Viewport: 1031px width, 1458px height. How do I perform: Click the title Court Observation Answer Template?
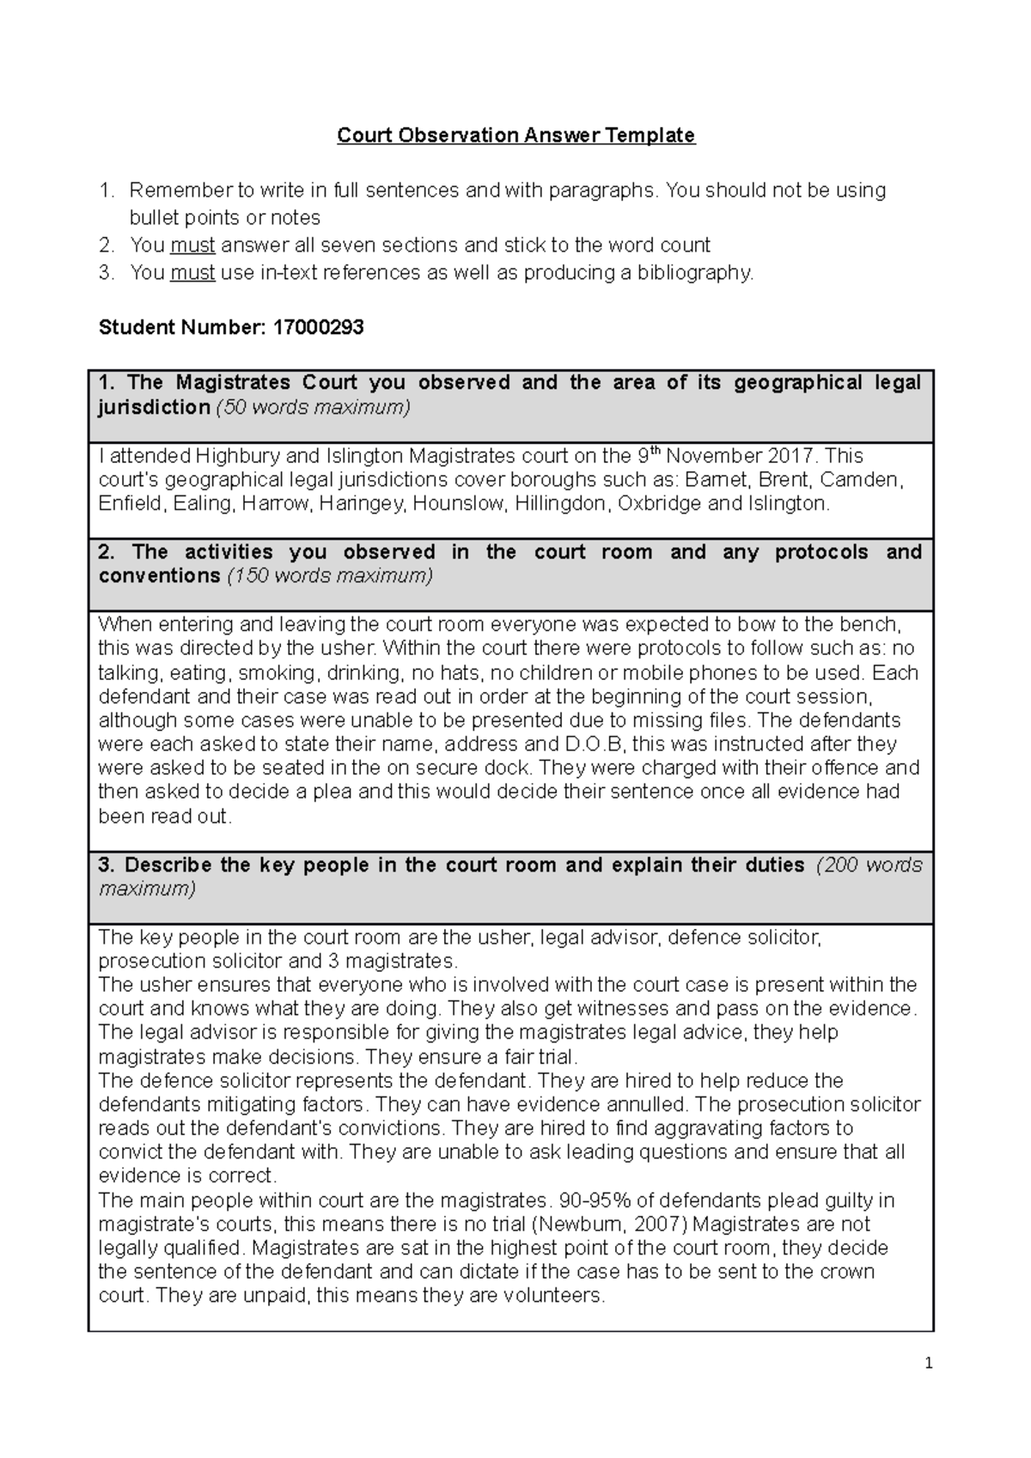click(515, 136)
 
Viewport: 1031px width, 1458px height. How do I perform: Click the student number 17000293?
click(318, 327)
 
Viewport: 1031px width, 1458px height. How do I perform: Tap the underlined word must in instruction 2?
click(192, 246)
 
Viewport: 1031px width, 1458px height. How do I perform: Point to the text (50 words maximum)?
click(313, 407)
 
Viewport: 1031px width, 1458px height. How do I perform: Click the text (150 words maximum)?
click(329, 576)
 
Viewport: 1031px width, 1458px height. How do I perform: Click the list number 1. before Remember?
click(107, 191)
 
